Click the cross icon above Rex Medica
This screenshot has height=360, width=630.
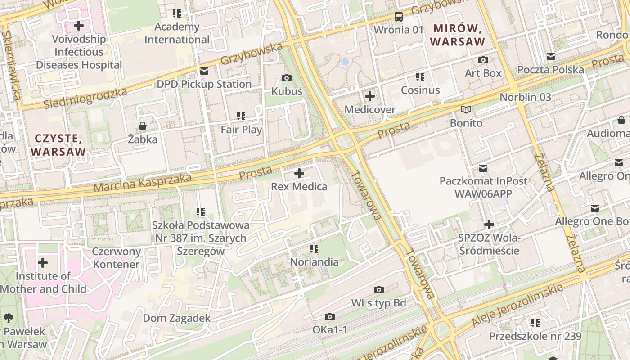click(299, 173)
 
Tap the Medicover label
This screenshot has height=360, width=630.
click(370, 109)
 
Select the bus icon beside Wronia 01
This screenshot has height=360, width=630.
click(398, 17)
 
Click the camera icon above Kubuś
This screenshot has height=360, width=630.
click(286, 78)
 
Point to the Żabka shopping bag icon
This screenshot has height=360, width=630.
click(143, 126)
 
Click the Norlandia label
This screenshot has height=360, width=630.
click(314, 262)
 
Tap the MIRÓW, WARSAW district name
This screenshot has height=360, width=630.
click(458, 35)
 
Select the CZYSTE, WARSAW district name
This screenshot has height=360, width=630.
click(58, 145)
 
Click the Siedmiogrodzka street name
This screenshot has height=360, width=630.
click(85, 99)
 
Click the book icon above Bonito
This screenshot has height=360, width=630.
click(466, 110)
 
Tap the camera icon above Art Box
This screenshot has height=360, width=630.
click(483, 60)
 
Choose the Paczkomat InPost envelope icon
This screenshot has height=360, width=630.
click(483, 168)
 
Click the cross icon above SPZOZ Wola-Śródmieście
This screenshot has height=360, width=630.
click(489, 225)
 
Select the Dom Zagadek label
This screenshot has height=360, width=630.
click(176, 319)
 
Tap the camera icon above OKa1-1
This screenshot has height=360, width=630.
click(330, 317)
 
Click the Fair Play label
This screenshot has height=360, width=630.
click(241, 130)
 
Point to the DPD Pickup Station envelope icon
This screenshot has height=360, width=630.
click(204, 71)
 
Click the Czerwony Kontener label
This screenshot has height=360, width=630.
click(116, 258)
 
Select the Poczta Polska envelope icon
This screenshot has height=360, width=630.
click(550, 57)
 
